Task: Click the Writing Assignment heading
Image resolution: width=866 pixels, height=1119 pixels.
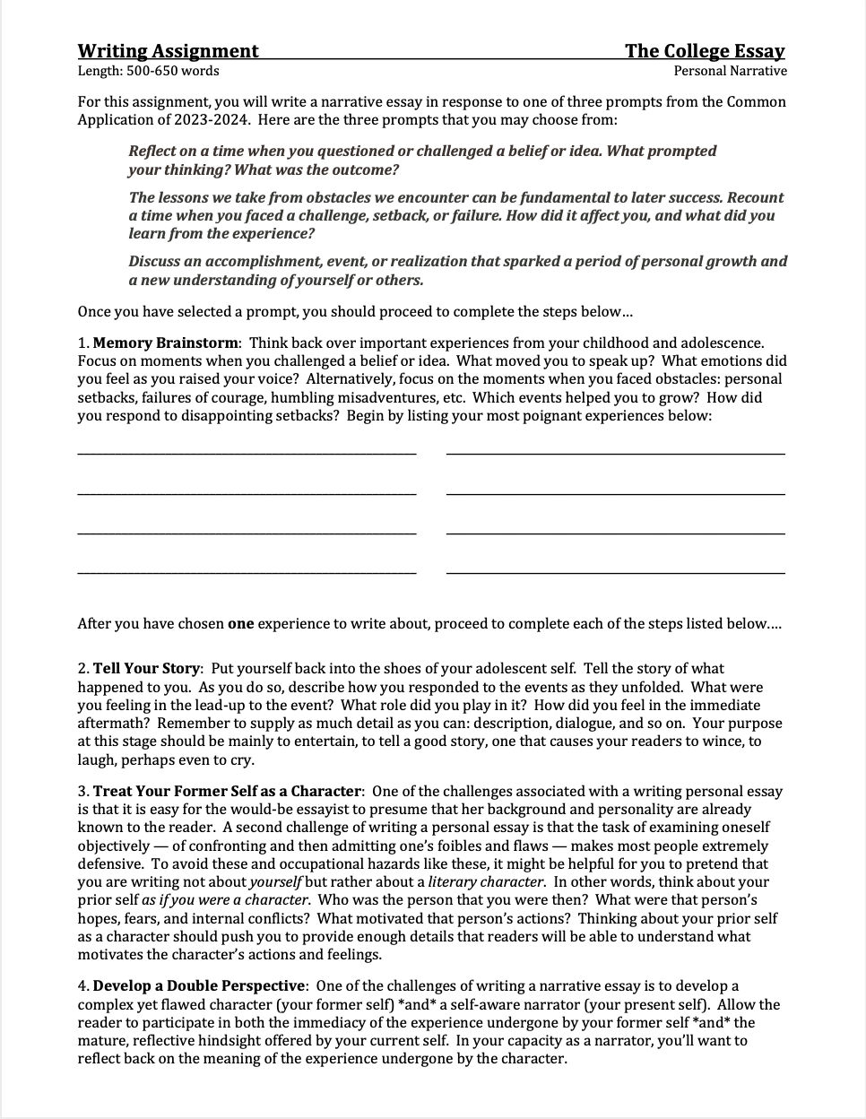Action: (168, 51)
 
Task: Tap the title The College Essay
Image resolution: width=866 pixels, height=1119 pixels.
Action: (705, 51)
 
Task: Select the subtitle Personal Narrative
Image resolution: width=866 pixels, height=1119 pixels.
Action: (730, 71)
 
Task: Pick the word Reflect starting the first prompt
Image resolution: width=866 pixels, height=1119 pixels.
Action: (152, 151)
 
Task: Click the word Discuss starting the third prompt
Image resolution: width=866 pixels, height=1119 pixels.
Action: (155, 261)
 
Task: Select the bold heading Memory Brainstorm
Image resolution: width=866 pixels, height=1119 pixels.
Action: (166, 343)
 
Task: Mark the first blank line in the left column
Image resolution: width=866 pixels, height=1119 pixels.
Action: (247, 454)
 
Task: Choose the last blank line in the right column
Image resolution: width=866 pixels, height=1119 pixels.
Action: (615, 572)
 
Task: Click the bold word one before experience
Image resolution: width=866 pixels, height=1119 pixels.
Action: (240, 623)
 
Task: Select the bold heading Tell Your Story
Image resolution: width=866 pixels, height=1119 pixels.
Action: (148, 668)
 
